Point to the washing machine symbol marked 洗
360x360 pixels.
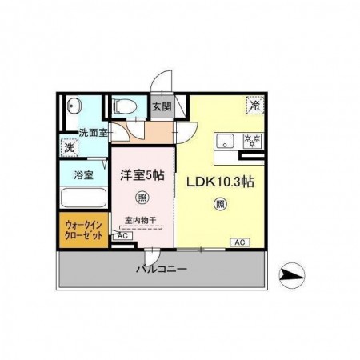point(70,148)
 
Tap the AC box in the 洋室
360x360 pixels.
point(122,236)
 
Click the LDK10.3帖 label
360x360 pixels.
point(221,182)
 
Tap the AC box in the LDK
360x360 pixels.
point(238,241)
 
